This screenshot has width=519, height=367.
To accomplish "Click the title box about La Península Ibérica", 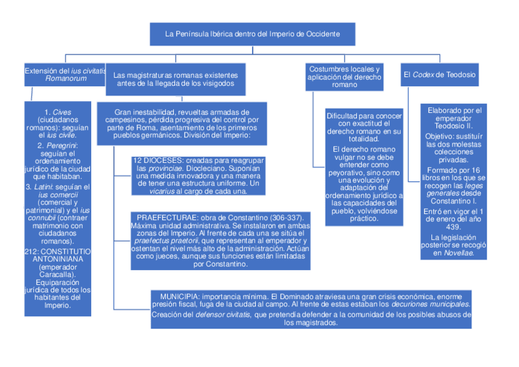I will (252, 34).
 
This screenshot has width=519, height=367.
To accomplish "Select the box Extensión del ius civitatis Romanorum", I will (64, 75).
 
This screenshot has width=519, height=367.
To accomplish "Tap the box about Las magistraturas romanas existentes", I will (176, 79).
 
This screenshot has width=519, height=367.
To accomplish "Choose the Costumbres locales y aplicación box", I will (344, 77).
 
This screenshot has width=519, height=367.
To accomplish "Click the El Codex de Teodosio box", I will (439, 75).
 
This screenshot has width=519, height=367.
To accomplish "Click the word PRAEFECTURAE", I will (162, 218).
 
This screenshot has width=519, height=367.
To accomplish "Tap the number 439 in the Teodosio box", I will (454, 226).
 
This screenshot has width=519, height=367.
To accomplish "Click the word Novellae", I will (460, 253).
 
